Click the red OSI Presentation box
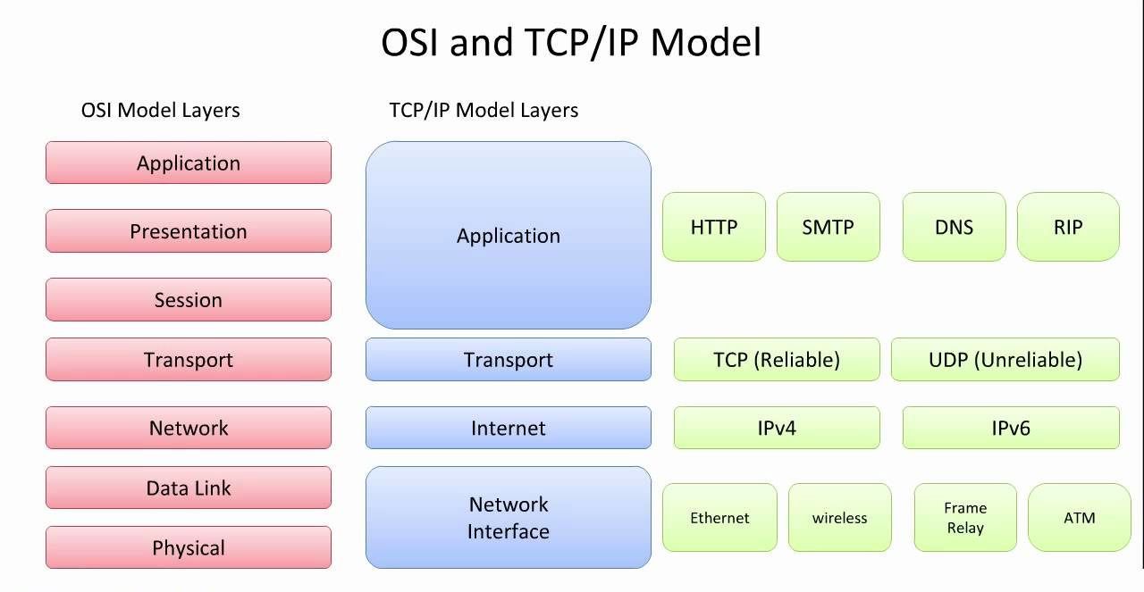click(x=188, y=231)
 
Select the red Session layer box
click(x=188, y=300)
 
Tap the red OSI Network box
click(x=188, y=428)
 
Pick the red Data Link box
click(x=188, y=488)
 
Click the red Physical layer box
click(x=188, y=547)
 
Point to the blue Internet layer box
click(x=508, y=428)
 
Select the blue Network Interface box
click(x=508, y=517)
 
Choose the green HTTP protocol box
click(x=713, y=227)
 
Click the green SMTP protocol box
click(x=828, y=227)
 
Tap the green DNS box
click(x=954, y=227)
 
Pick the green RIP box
click(x=1068, y=227)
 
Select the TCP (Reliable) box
click(x=776, y=360)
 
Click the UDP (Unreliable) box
click(x=1005, y=360)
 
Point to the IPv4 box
click(x=776, y=428)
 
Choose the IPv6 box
click(x=1010, y=428)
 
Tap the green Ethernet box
click(x=719, y=518)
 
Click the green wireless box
click(x=839, y=518)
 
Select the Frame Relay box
click(x=965, y=518)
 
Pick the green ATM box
click(x=1079, y=518)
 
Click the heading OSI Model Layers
click(x=161, y=111)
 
